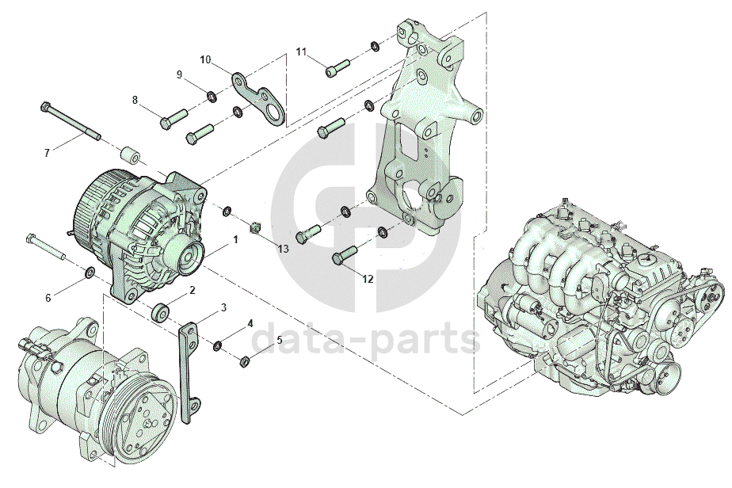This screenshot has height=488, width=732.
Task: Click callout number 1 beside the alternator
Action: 236,239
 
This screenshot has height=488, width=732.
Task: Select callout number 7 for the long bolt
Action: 47,153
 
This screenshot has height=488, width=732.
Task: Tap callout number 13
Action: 284,249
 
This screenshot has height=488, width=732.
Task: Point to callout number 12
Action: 368,280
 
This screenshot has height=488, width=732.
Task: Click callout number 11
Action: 302,51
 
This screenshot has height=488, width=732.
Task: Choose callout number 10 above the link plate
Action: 205,59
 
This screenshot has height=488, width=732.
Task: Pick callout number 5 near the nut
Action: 280,340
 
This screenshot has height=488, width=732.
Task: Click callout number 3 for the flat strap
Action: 224,307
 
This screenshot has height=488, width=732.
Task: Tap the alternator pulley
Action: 190,258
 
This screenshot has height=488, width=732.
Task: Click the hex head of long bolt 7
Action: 45,106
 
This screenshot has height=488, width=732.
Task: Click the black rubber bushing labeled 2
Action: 160,312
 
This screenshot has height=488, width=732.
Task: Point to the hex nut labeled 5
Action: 244,361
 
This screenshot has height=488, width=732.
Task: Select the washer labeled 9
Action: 212,97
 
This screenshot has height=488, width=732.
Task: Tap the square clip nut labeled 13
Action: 255,228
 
